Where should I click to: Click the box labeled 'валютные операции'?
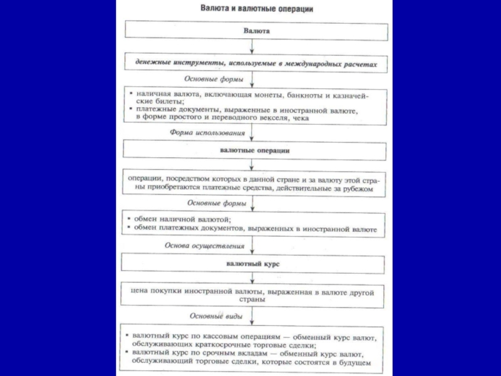click(x=255, y=150)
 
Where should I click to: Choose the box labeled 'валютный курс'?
click(x=254, y=264)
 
